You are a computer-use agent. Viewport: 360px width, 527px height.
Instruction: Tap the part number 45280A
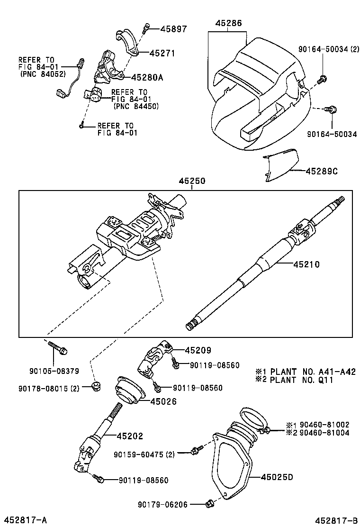147,77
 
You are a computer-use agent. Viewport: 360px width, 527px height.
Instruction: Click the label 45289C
321,171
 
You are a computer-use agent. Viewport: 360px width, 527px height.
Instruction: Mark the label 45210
306,264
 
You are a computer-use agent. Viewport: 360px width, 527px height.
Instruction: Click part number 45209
198,350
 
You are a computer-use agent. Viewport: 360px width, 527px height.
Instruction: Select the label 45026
163,402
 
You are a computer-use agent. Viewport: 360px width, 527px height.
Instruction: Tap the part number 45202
130,436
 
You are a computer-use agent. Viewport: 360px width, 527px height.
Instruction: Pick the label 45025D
277,477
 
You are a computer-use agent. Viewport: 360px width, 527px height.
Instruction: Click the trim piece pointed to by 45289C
280,164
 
